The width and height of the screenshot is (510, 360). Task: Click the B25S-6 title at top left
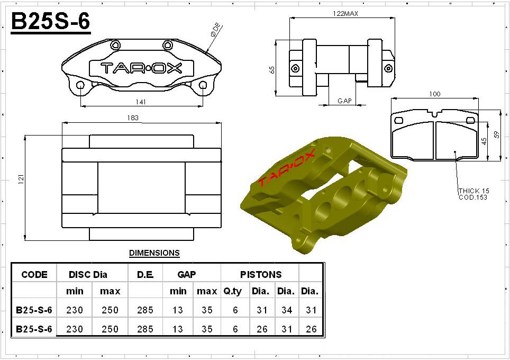(x=50, y=22)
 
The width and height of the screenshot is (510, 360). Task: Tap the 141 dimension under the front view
(x=141, y=102)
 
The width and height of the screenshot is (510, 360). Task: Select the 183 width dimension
(x=133, y=118)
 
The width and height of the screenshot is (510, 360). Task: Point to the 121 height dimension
(x=21, y=179)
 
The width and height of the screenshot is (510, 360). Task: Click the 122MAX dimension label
(x=345, y=13)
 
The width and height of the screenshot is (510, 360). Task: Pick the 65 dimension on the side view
(x=272, y=70)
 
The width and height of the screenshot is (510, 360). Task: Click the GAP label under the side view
(x=344, y=101)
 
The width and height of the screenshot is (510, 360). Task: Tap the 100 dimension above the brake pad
(x=434, y=94)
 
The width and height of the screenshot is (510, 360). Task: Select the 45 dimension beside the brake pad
(x=484, y=141)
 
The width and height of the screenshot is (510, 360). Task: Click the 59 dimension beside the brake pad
(x=496, y=134)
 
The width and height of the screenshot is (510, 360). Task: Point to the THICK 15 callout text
(x=474, y=191)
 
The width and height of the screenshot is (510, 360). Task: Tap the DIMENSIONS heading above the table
(x=154, y=253)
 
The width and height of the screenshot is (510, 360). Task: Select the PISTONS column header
(x=261, y=275)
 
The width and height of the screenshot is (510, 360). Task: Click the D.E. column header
(x=145, y=275)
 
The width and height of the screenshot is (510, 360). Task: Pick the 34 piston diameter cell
(x=287, y=310)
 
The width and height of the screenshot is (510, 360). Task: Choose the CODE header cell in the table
(x=34, y=275)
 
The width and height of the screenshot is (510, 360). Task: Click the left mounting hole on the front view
(x=80, y=85)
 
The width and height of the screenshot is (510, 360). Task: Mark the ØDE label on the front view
(x=216, y=30)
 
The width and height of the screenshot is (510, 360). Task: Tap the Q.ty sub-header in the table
(x=232, y=291)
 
